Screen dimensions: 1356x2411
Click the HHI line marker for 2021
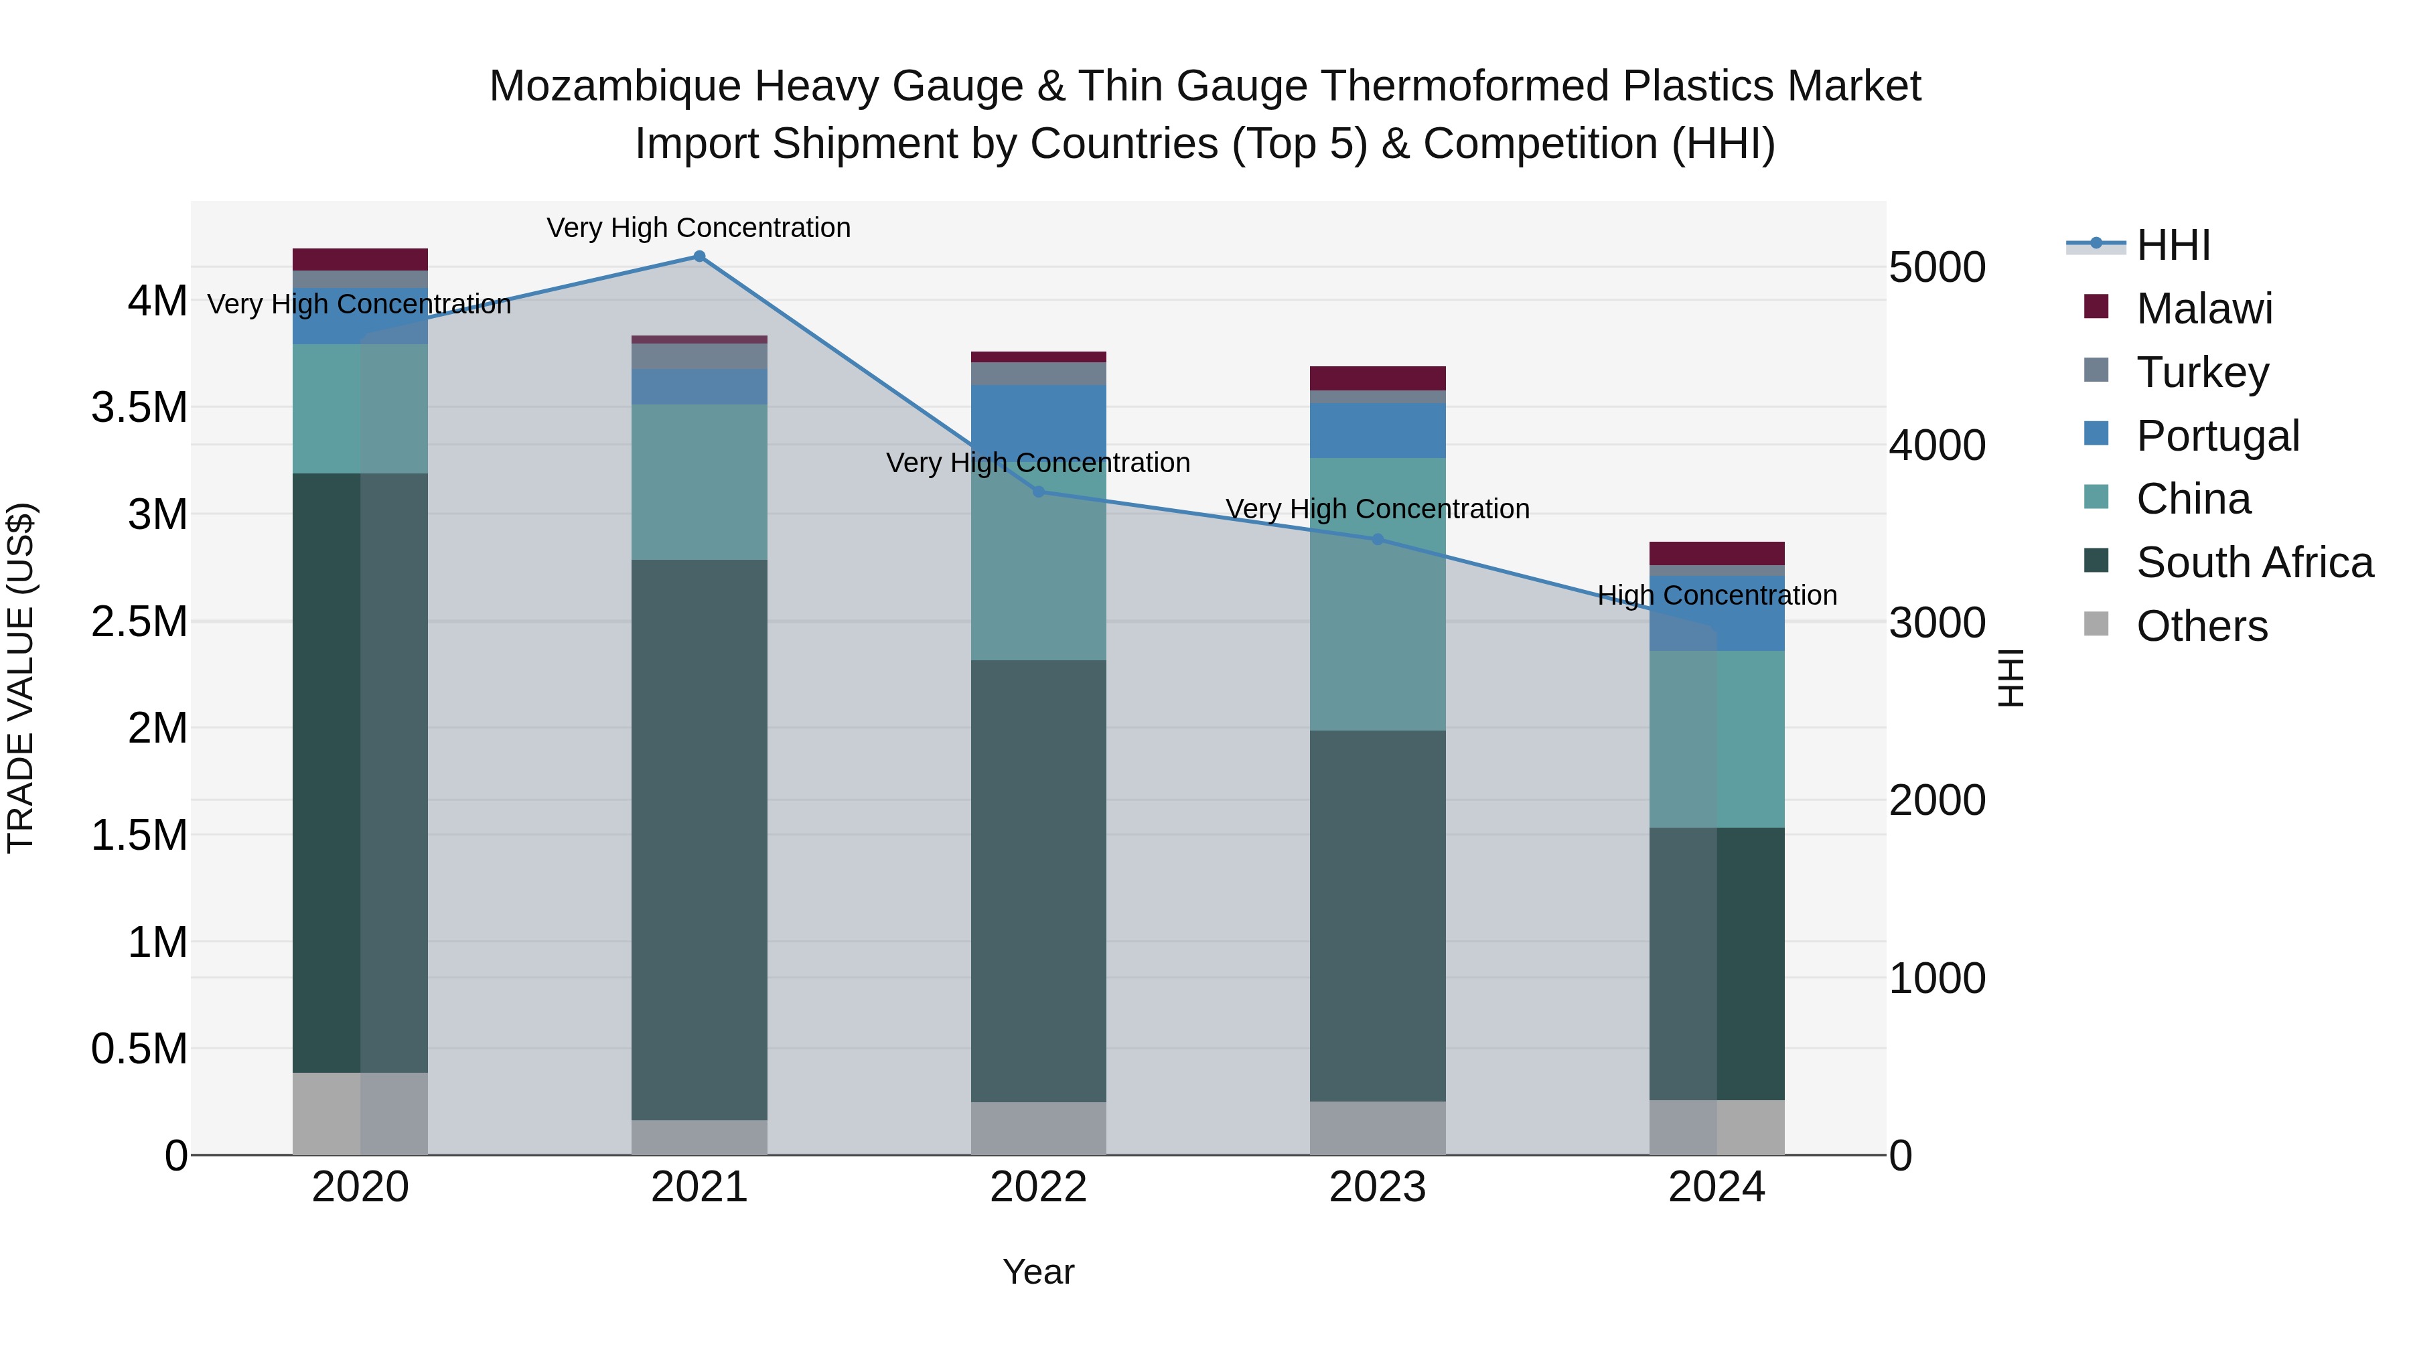(699, 256)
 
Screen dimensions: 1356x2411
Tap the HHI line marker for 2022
(1038, 492)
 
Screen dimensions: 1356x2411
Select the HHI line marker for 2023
(1377, 539)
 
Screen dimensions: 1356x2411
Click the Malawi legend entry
(2203, 309)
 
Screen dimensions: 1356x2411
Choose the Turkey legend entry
(2201, 372)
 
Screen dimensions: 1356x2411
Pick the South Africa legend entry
(2254, 562)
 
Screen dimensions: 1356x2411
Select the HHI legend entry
(2173, 245)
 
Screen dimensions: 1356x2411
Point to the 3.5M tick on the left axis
(139, 408)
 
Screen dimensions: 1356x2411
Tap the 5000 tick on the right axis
(1936, 268)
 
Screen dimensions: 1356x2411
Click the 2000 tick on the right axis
(1936, 800)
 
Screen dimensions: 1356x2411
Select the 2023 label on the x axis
(1377, 1187)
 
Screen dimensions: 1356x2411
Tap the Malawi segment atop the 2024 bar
(1716, 553)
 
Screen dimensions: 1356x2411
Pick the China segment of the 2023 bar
(1377, 594)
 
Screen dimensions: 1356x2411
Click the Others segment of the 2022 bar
(1038, 1128)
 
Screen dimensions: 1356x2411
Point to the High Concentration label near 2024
(1716, 595)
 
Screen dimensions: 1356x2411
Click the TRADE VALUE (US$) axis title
(21, 678)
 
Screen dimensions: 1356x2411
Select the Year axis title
(1038, 1272)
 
